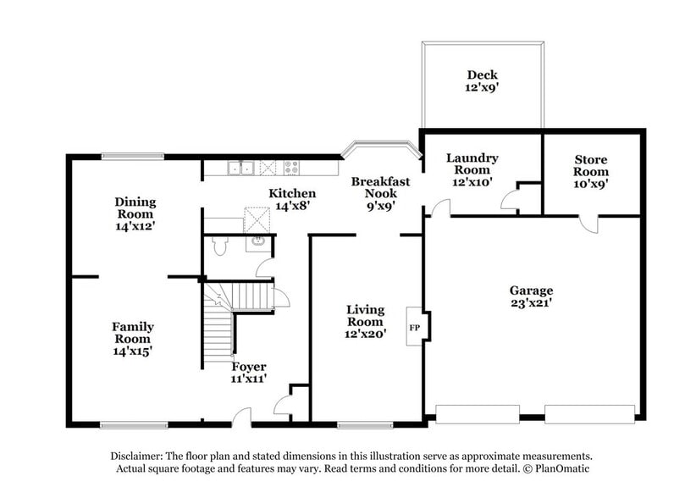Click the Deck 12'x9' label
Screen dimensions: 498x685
[x=481, y=80]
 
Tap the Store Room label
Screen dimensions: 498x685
[x=590, y=171]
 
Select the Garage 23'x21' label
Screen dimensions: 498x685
[x=531, y=296]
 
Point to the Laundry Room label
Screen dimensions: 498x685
[x=472, y=169]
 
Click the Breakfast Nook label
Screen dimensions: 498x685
[x=380, y=193]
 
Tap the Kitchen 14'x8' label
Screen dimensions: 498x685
[x=292, y=199]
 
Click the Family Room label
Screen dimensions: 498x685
[x=133, y=338]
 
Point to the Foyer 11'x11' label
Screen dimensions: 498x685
[x=250, y=373]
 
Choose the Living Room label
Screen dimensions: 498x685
[x=365, y=322]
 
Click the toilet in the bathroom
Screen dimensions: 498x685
[x=219, y=246]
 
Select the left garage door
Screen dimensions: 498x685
[x=477, y=413]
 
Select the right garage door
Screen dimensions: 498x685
[x=589, y=413]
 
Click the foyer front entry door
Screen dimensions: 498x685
[x=242, y=415]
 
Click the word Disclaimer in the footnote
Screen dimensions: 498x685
[x=139, y=455]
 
